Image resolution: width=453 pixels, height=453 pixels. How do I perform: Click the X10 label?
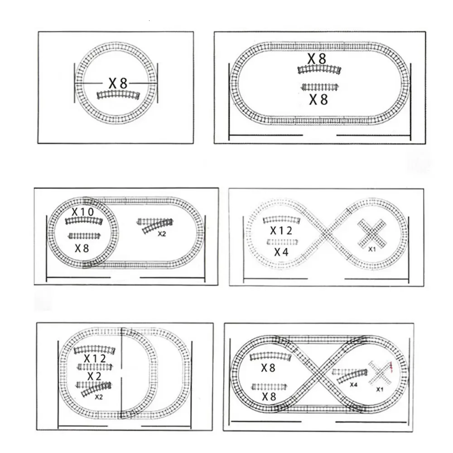tap(82, 212)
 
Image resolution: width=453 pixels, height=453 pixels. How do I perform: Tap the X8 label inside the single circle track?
tap(118, 83)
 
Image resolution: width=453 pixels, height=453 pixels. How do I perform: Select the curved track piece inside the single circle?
tap(118, 95)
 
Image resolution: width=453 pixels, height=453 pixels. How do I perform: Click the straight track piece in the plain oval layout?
tap(320, 87)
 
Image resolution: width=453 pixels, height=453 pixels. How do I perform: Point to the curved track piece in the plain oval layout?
tap(319, 69)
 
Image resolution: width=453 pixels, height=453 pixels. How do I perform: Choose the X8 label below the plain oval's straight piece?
tap(318, 100)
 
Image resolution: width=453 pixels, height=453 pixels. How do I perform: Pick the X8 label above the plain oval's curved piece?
tap(317, 58)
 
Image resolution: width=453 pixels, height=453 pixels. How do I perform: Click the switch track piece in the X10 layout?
tap(155, 225)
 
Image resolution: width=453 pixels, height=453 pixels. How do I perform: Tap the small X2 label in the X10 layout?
tap(162, 234)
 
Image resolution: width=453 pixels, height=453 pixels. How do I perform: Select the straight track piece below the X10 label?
tap(84, 236)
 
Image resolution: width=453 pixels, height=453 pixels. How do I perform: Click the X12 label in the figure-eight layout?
tap(281, 231)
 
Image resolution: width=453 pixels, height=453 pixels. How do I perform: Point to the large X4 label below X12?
tap(281, 252)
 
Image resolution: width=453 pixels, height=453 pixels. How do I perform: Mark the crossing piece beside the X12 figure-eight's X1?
tap(372, 233)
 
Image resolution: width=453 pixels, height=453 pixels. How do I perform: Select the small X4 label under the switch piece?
tap(354, 385)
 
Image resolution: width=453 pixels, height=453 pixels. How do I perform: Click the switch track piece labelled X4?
tap(350, 375)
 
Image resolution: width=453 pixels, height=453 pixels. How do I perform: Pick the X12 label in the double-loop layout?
tap(95, 359)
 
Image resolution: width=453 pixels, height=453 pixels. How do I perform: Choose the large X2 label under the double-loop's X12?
tap(95, 376)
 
